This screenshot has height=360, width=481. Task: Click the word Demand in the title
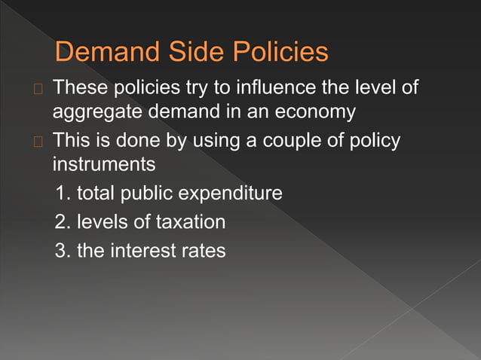pos(103,52)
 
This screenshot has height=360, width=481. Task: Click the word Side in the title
pos(185,52)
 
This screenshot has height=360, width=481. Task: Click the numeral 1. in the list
pos(63,194)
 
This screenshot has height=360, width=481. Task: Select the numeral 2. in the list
pos(63,221)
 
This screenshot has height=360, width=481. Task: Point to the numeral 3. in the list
pos(63,250)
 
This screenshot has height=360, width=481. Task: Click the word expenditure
pos(229,194)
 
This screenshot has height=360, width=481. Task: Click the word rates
pos(203,250)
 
